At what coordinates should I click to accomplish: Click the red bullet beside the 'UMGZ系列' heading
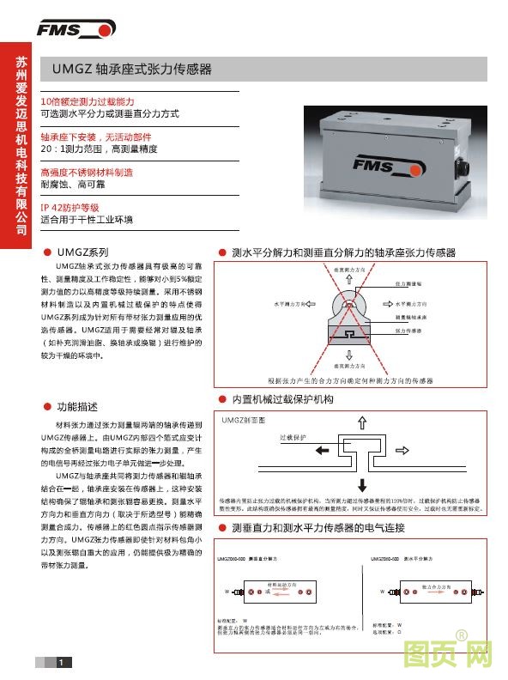(46, 253)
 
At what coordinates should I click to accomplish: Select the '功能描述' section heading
(76, 405)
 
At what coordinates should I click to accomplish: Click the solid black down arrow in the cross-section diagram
(361, 482)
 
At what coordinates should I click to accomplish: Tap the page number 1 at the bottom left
(59, 662)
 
